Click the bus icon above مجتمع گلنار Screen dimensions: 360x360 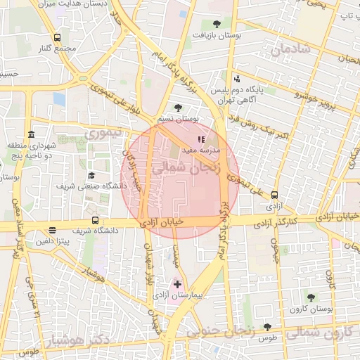(57, 37)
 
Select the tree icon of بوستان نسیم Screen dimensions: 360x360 (176, 108)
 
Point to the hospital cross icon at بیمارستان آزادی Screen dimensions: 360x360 (177, 284)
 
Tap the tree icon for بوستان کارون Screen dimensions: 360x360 (311, 297)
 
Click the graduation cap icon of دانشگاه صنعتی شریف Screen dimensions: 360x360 (91, 175)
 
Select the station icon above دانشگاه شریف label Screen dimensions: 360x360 (94, 221)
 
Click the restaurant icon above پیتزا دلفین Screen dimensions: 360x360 (52, 230)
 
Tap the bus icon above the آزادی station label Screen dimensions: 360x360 (274, 195)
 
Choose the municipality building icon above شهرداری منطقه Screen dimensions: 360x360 (30, 135)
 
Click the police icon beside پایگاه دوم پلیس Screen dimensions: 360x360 (237, 79)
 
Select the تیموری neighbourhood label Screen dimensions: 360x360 (103, 132)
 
